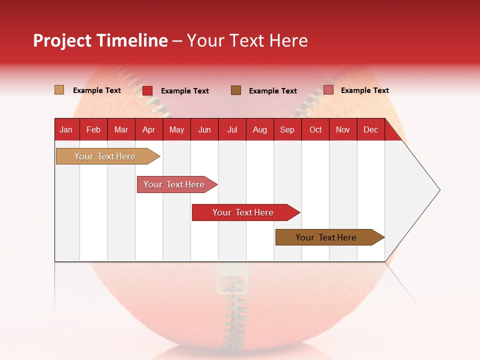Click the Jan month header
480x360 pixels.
[x=66, y=129]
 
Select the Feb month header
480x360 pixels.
[x=93, y=129]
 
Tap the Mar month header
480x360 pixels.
[x=121, y=129]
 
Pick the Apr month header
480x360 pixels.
[x=149, y=129]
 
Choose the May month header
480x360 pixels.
[x=176, y=129]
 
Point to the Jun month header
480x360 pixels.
[x=204, y=129]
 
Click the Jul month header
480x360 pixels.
[x=232, y=129]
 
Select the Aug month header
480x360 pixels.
[x=260, y=129]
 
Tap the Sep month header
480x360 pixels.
[x=287, y=129]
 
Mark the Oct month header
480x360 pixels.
[x=315, y=129]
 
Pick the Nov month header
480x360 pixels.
[x=343, y=129]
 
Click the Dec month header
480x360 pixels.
[x=371, y=129]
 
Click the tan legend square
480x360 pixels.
[x=59, y=90]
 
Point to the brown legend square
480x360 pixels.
[x=236, y=90]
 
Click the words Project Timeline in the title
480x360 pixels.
[x=100, y=40]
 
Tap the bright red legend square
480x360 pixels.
[x=147, y=90]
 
